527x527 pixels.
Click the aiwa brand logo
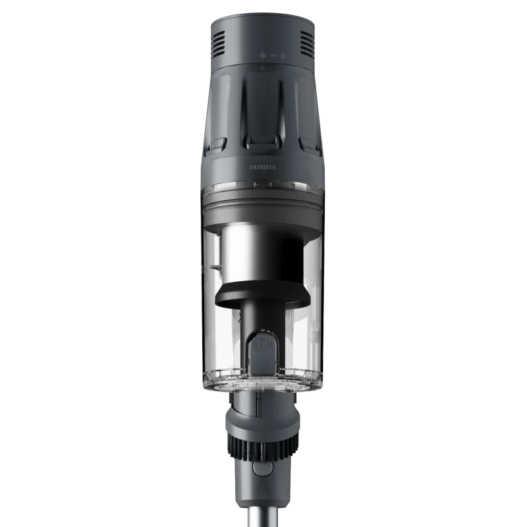(263, 167)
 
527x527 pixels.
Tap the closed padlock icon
(263, 55)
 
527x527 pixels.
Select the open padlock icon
(283, 55)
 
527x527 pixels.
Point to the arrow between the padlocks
(273, 55)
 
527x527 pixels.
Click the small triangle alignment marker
(263, 68)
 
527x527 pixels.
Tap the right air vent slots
(306, 43)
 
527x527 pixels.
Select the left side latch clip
(215, 145)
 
